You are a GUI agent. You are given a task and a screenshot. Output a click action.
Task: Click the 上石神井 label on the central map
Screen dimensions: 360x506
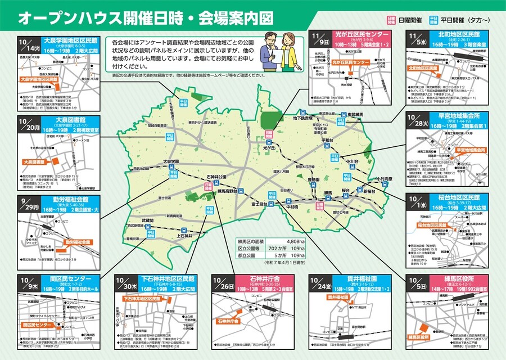[184, 236]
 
